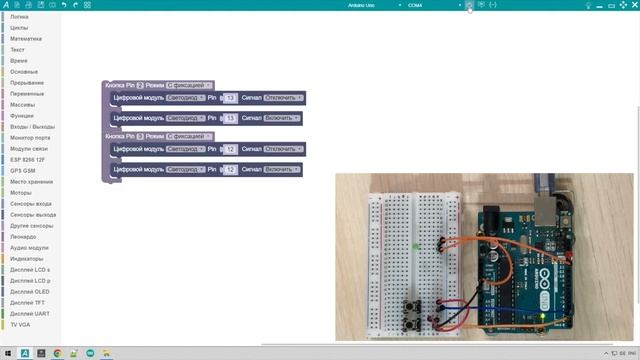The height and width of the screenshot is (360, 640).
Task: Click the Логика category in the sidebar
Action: click(19, 17)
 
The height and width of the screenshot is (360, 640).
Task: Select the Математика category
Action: click(26, 39)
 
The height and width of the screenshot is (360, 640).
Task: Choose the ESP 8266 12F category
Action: click(28, 159)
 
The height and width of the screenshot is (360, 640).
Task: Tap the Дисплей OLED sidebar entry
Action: click(29, 291)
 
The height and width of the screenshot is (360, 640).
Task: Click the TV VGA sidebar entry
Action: click(20, 324)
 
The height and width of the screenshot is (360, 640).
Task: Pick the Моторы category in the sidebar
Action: click(22, 192)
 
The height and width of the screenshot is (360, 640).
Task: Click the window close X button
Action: click(629, 5)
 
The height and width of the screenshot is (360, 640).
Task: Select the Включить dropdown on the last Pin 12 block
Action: click(282, 170)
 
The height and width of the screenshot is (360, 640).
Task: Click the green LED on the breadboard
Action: click(414, 244)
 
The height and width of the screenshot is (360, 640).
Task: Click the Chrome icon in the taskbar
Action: click(57, 353)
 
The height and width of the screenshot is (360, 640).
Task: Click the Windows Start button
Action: click(7, 353)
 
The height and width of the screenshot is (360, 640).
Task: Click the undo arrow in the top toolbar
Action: click(64, 5)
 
